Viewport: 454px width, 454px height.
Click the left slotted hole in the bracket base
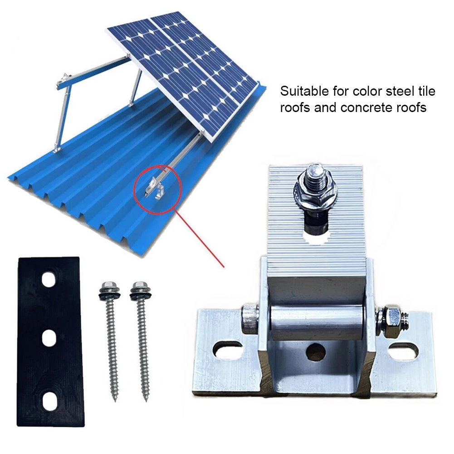tap(229, 351)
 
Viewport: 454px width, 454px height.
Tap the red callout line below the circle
tap(202, 238)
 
